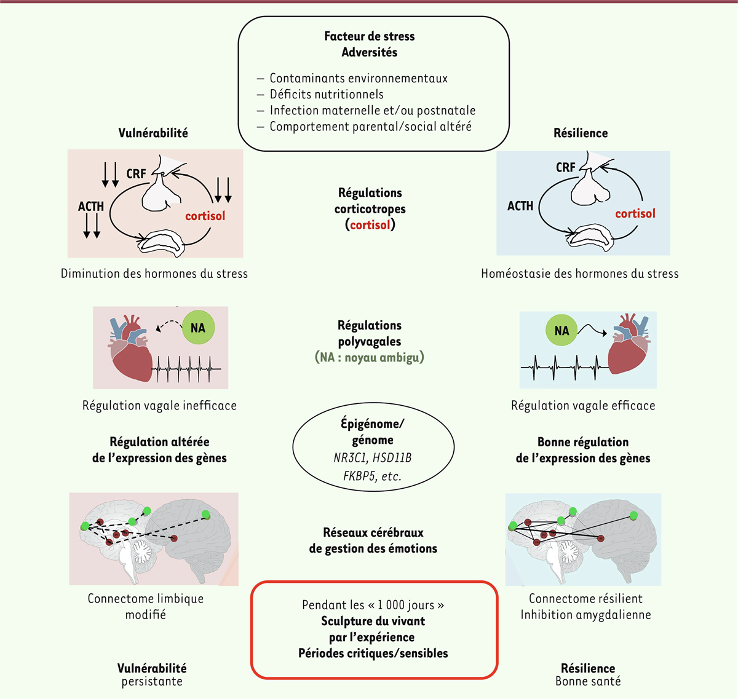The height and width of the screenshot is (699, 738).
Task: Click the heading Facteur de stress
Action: (x=369, y=36)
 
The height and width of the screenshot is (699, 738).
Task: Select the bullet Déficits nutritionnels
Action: (x=326, y=94)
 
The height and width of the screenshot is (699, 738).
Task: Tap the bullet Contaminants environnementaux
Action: (x=358, y=78)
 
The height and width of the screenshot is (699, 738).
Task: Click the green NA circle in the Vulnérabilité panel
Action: (x=198, y=328)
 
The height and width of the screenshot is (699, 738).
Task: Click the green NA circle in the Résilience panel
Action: (x=561, y=330)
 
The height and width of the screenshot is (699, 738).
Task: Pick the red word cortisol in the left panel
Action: (x=205, y=216)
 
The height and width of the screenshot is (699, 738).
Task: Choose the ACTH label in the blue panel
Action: (x=520, y=206)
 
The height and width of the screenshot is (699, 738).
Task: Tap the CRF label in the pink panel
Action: (x=136, y=174)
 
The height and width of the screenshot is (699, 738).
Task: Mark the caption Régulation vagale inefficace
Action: (x=159, y=406)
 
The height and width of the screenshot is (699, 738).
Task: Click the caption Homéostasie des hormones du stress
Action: (x=579, y=274)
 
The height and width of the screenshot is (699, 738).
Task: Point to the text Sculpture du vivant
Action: (x=373, y=621)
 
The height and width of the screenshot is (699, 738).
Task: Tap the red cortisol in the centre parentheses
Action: (x=370, y=225)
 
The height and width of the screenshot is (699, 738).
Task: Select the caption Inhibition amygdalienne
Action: (x=585, y=615)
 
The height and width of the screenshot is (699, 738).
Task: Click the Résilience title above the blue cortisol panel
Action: (x=581, y=133)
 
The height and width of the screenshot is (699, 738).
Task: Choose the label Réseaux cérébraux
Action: (x=373, y=532)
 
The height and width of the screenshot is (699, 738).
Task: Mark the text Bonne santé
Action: (x=588, y=681)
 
